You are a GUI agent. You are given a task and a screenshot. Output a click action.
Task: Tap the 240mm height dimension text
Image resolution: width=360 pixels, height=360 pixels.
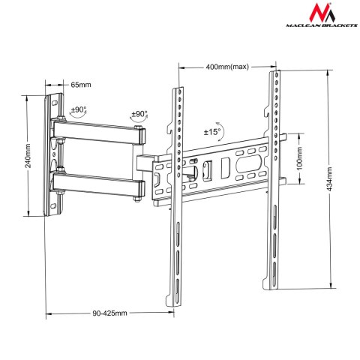pos(28,157)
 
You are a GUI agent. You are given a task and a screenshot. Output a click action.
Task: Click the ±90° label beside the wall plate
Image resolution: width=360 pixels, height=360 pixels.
pos(79,109)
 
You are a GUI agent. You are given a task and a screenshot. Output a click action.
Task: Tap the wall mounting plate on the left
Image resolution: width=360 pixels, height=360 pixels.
pos(53,157)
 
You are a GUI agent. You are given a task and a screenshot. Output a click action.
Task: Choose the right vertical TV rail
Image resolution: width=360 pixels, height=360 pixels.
pos(275,180)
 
